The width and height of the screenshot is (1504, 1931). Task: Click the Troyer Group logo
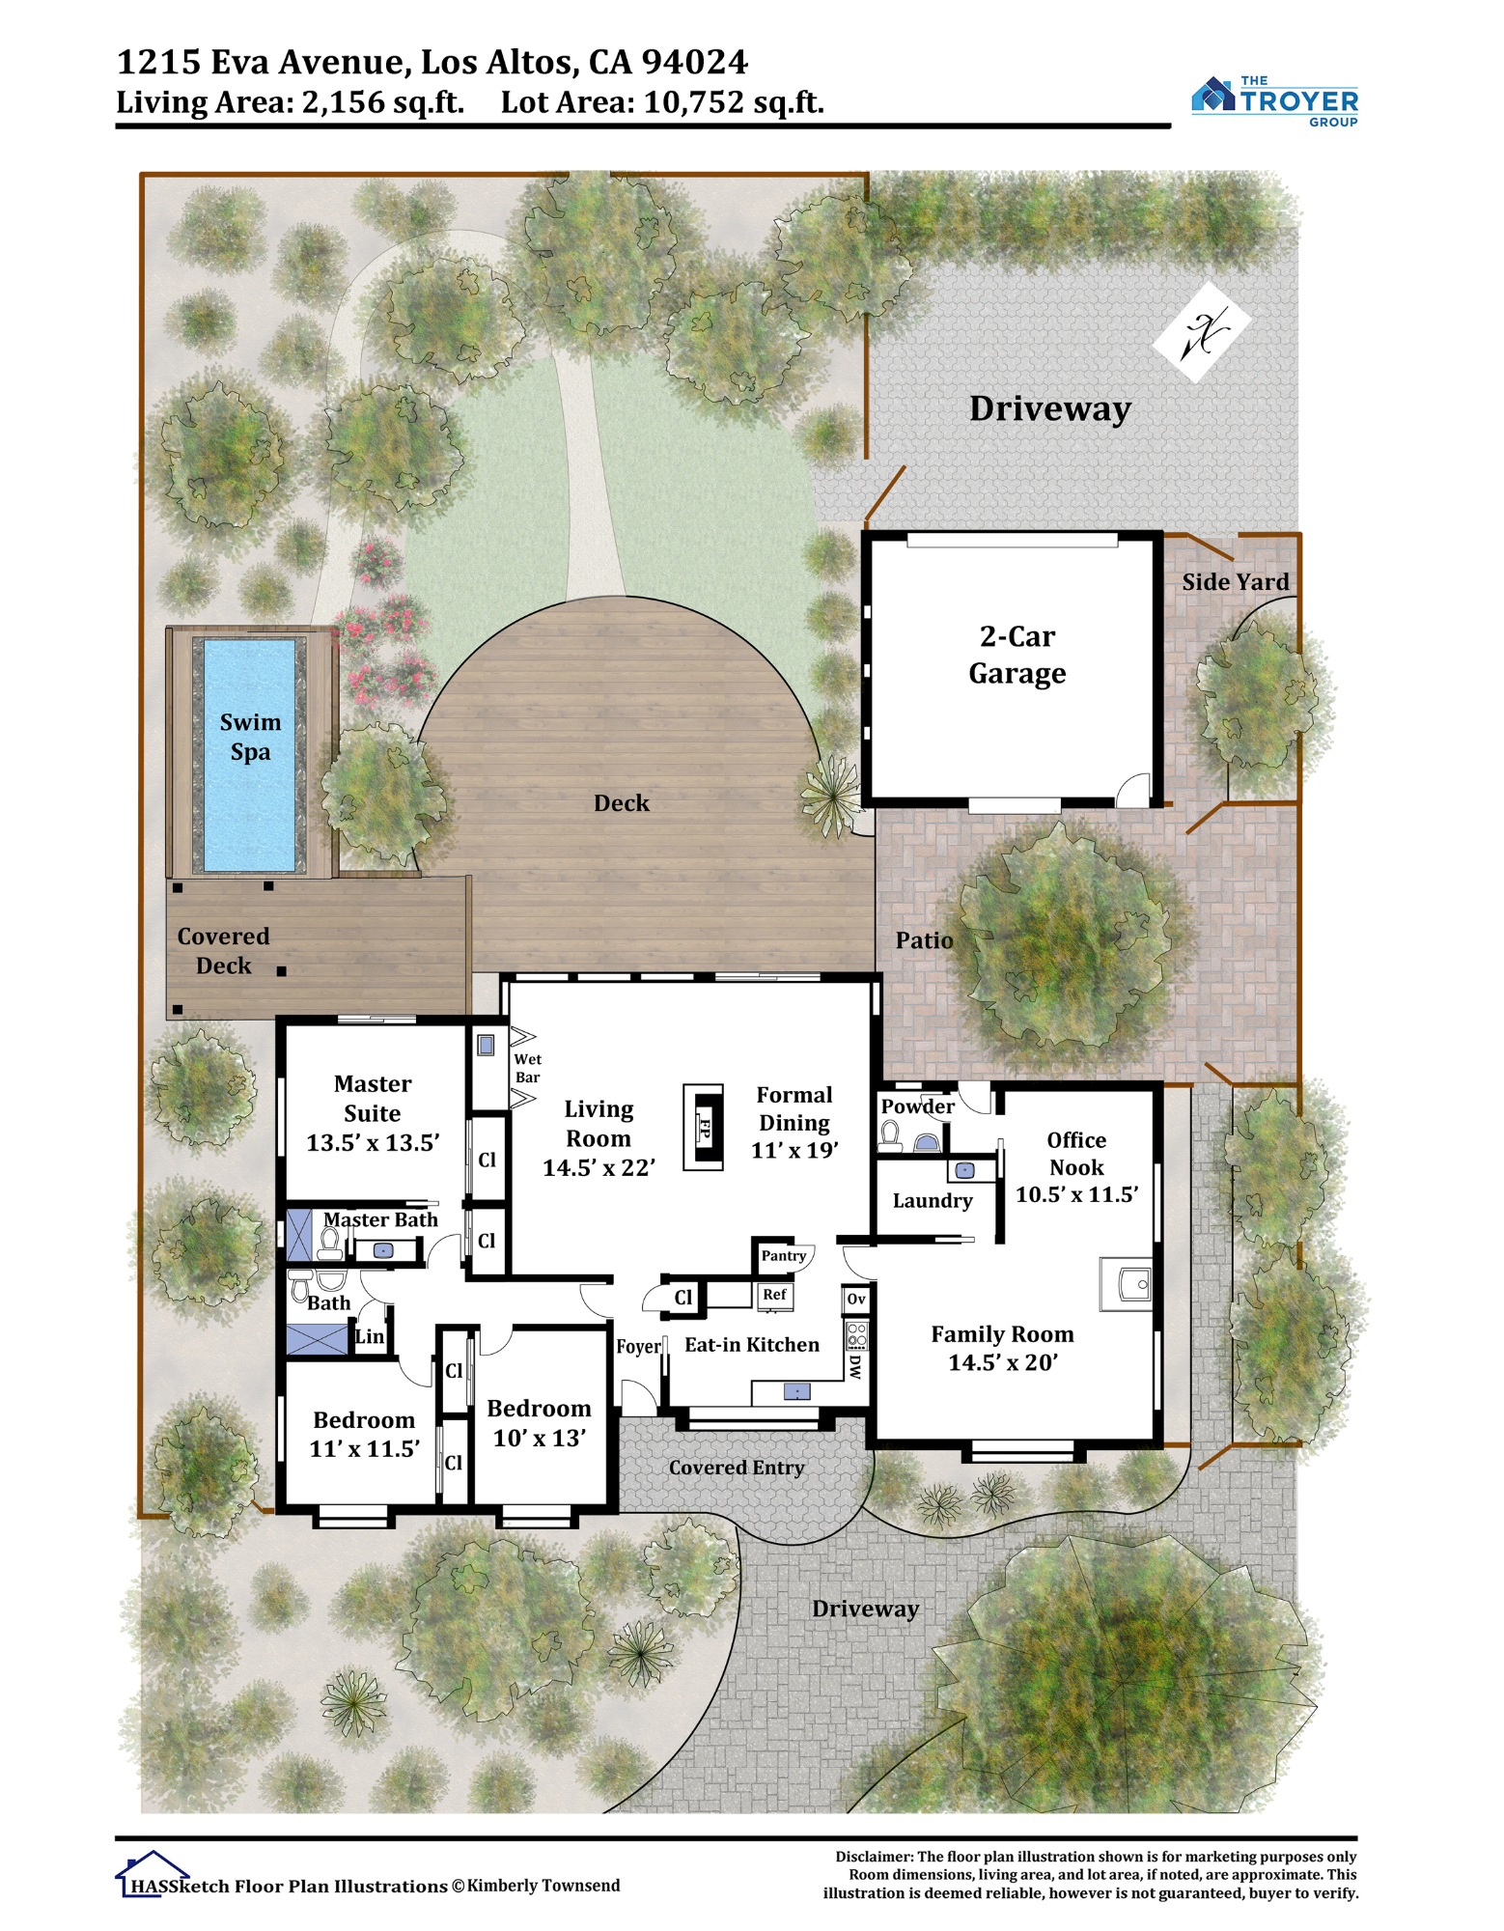point(1274,100)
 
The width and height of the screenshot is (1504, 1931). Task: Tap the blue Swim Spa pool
point(250,754)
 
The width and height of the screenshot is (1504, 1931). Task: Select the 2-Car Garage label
point(1017,655)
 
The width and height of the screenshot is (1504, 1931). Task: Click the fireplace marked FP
point(704,1127)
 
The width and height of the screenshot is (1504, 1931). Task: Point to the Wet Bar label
point(527,1068)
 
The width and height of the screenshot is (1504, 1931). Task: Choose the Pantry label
point(783,1255)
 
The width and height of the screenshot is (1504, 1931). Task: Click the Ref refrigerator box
point(774,1295)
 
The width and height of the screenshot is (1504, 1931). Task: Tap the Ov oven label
point(856,1299)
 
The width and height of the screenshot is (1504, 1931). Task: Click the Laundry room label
point(933,1201)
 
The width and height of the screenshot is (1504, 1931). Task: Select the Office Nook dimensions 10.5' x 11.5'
point(1076,1194)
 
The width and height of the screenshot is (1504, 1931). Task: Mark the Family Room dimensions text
point(1003,1362)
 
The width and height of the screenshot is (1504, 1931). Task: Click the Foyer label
point(639,1346)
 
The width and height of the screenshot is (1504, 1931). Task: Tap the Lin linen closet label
point(370,1337)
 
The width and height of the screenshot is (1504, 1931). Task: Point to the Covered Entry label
point(737,1468)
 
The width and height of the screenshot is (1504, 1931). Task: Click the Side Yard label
point(1236,581)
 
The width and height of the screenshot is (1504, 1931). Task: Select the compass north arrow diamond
point(1202,332)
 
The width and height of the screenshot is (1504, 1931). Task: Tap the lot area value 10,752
point(693,101)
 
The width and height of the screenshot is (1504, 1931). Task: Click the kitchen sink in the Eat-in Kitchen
point(796,1391)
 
